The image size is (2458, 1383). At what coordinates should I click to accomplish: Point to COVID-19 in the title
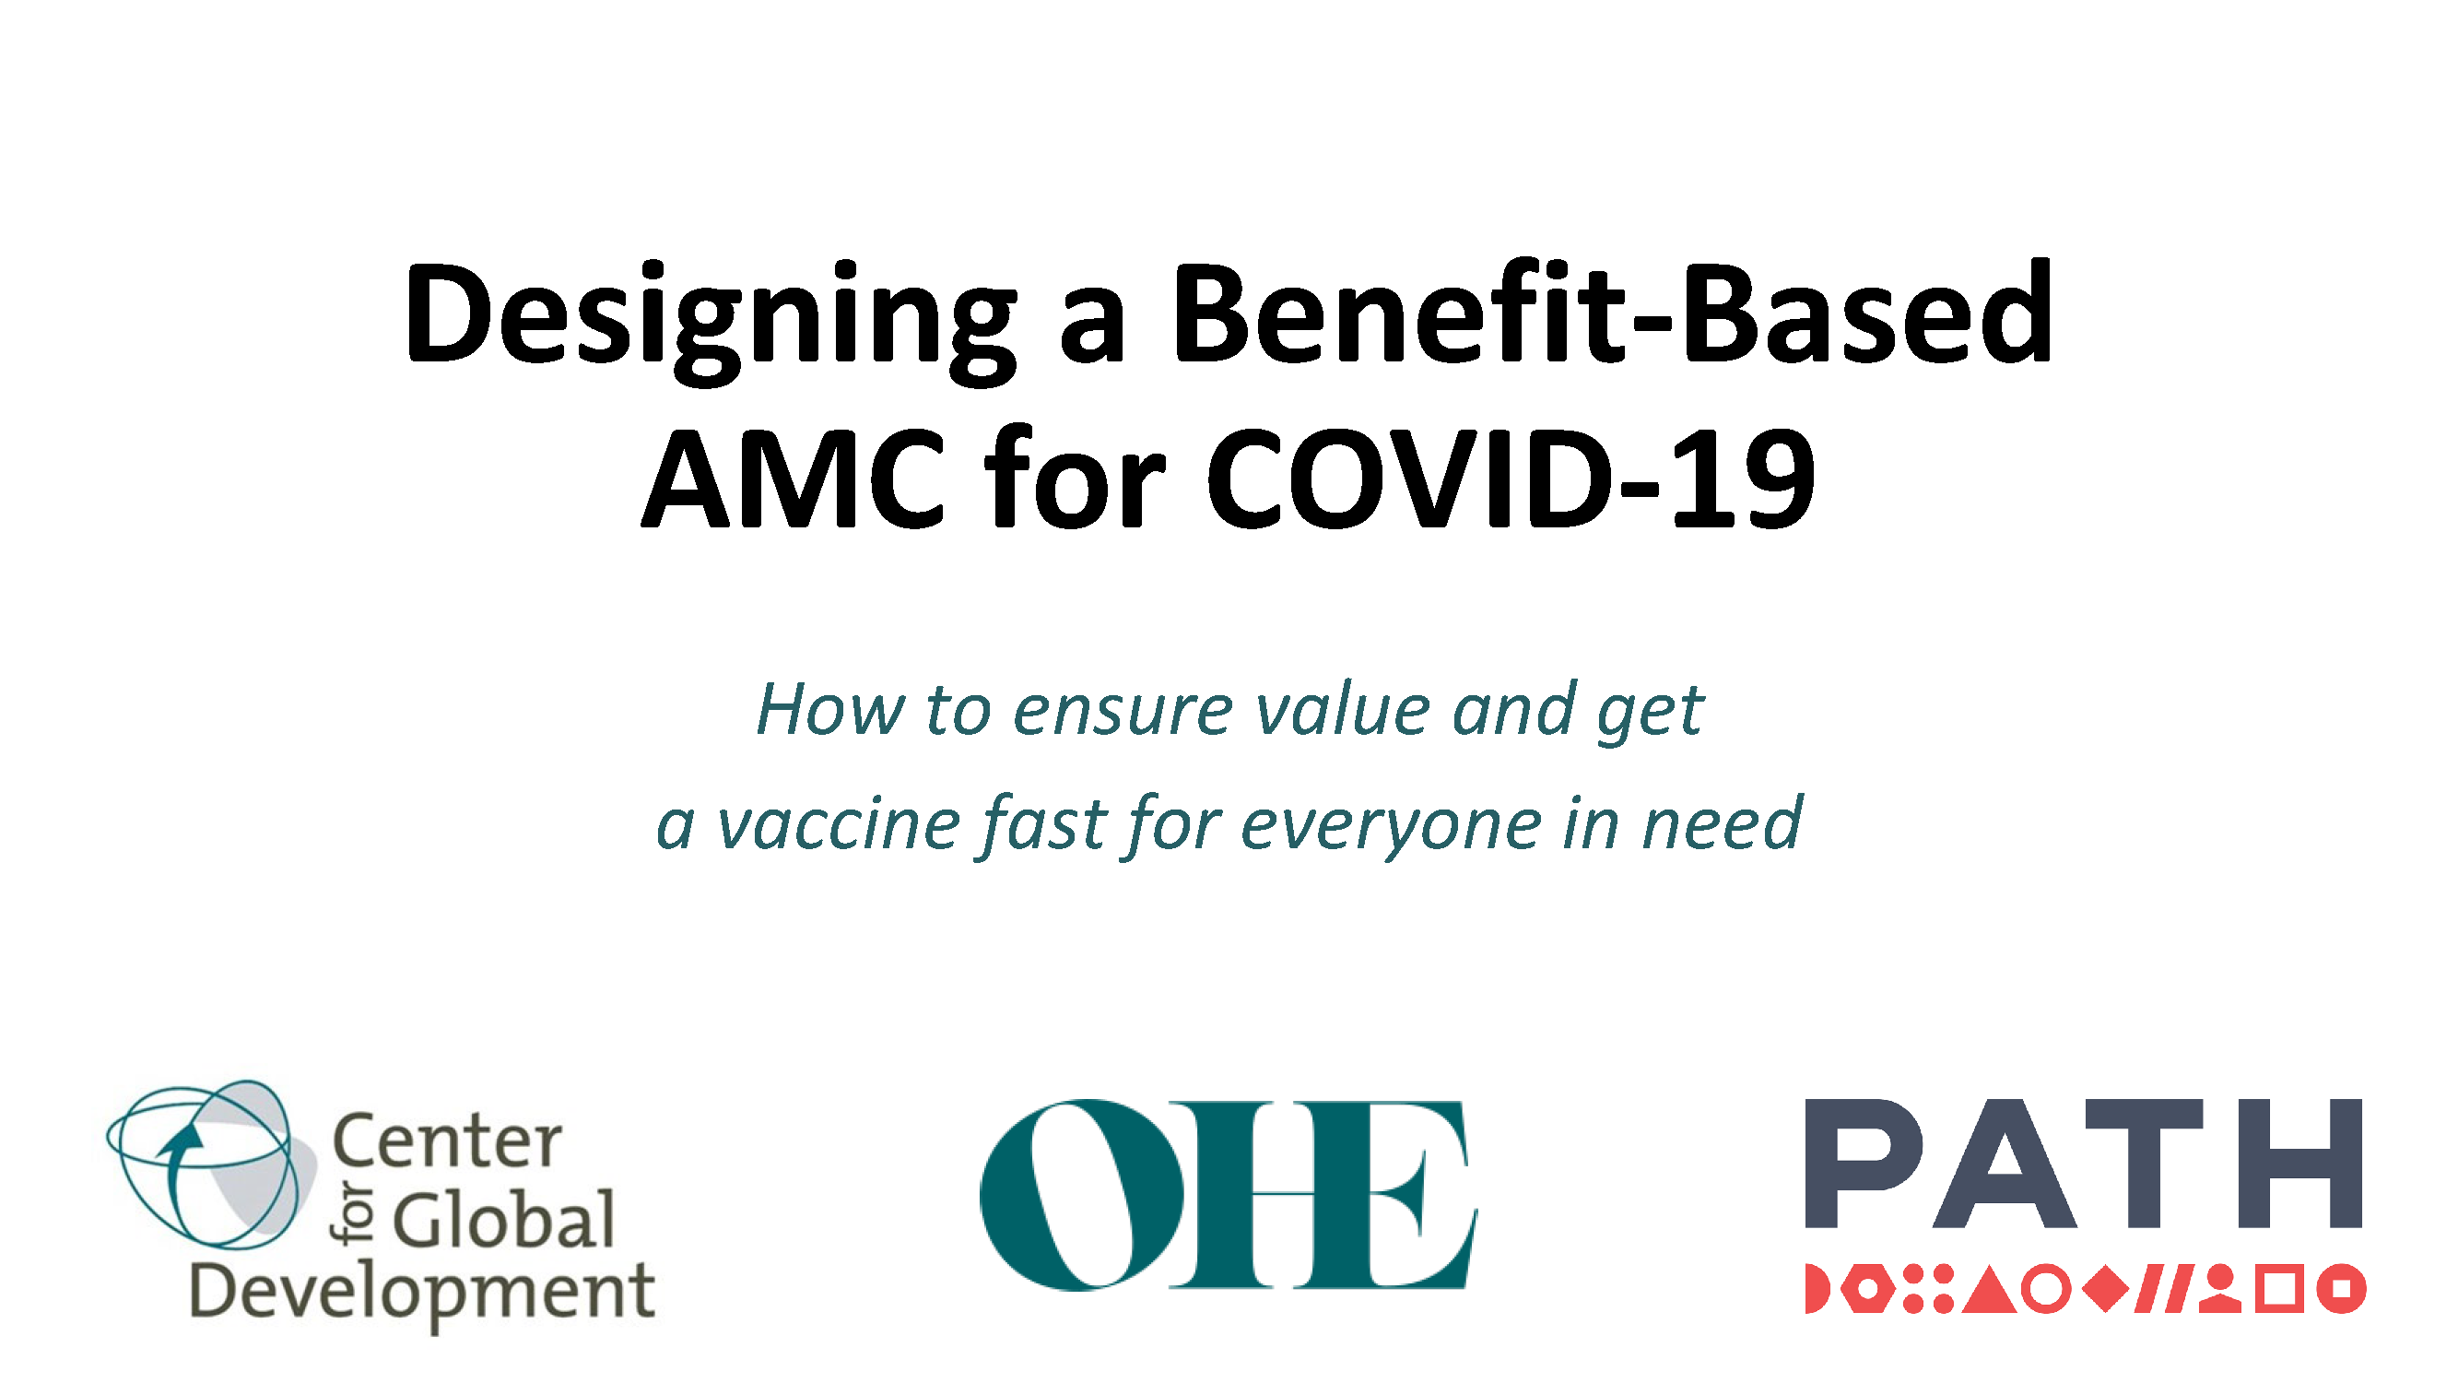(1511, 478)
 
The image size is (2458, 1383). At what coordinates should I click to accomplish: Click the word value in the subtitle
(1342, 710)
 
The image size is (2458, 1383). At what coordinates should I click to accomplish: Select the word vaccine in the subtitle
(838, 823)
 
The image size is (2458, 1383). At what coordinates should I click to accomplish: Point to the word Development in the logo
(423, 1296)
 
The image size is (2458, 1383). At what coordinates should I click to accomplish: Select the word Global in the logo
(504, 1219)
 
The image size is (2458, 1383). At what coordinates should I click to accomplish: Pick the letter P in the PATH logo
(1861, 1163)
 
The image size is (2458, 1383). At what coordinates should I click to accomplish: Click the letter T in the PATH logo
(2143, 1163)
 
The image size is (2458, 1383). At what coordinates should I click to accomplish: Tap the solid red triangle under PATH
(1990, 1290)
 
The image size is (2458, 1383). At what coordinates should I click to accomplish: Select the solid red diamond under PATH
(2106, 1290)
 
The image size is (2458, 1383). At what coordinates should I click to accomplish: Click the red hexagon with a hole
(1866, 1290)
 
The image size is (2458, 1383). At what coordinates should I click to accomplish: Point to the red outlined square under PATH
(2279, 1290)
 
